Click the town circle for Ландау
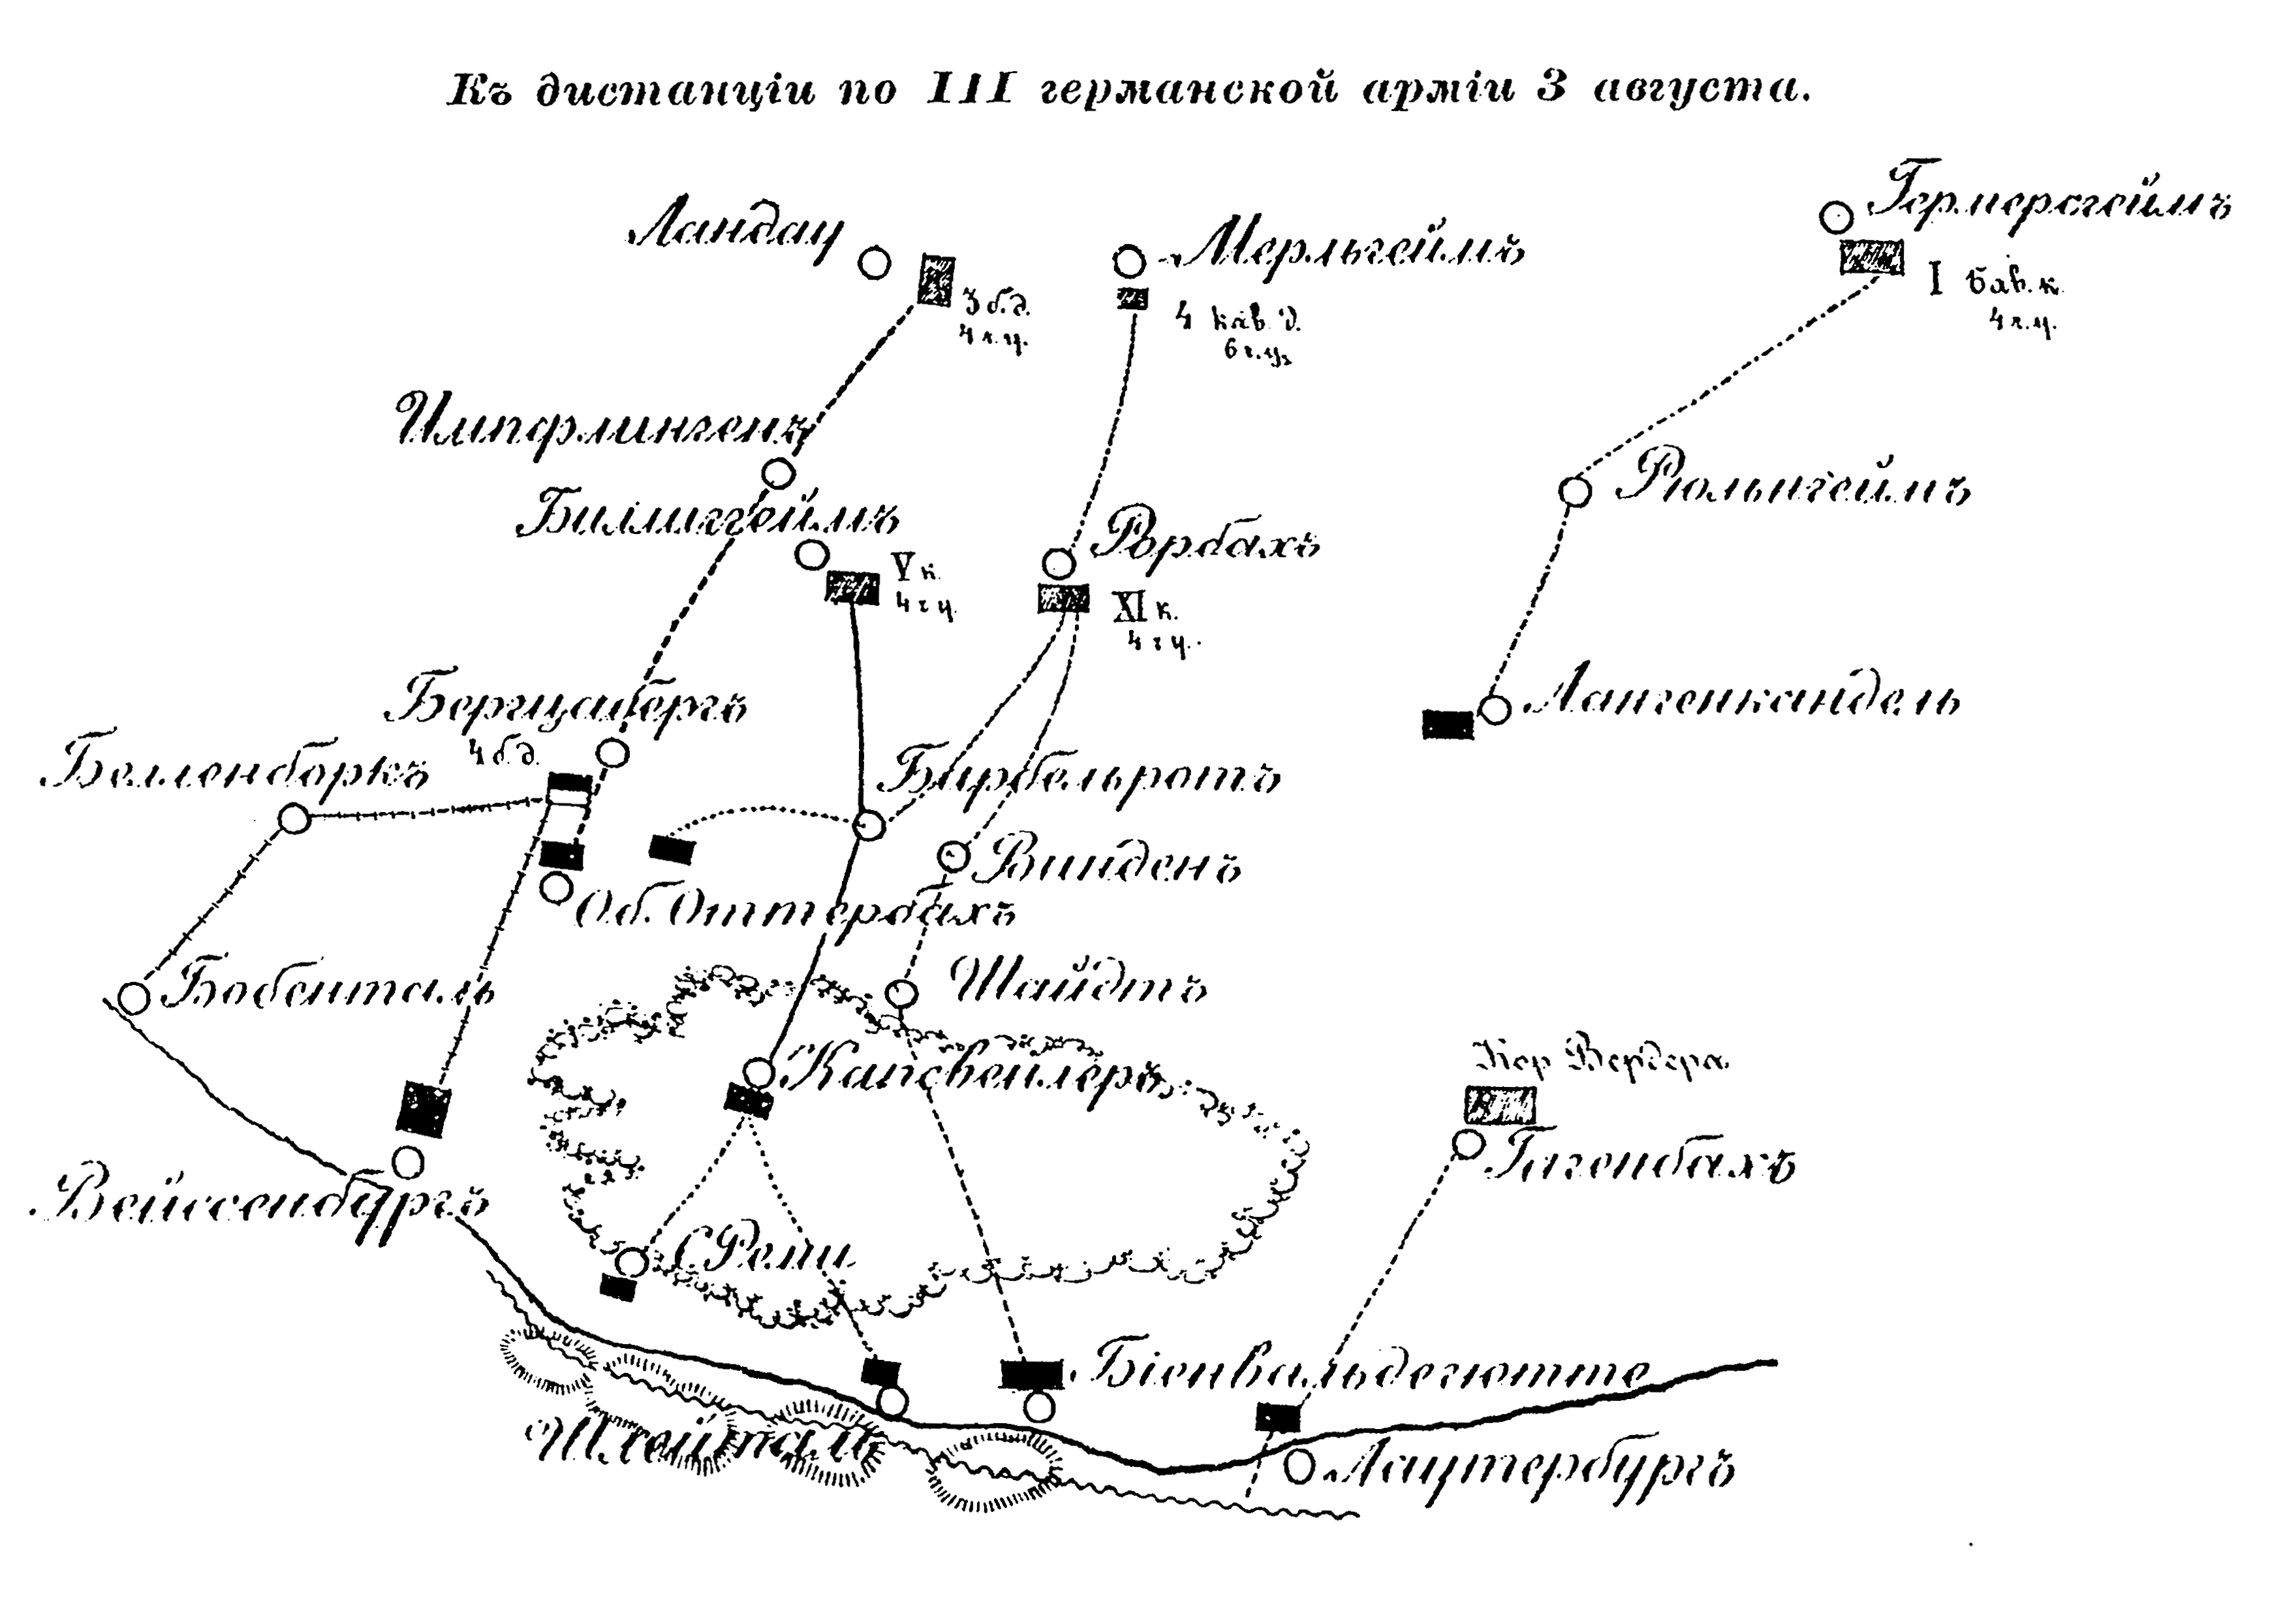tap(874, 264)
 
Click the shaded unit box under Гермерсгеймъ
tap(1871, 258)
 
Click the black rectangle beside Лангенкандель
tap(1447, 724)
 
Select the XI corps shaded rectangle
tap(1063, 599)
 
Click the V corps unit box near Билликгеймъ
tap(853, 588)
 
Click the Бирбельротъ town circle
tap(869, 825)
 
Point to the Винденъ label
tap(1109, 862)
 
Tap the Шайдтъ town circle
tap(901, 992)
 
